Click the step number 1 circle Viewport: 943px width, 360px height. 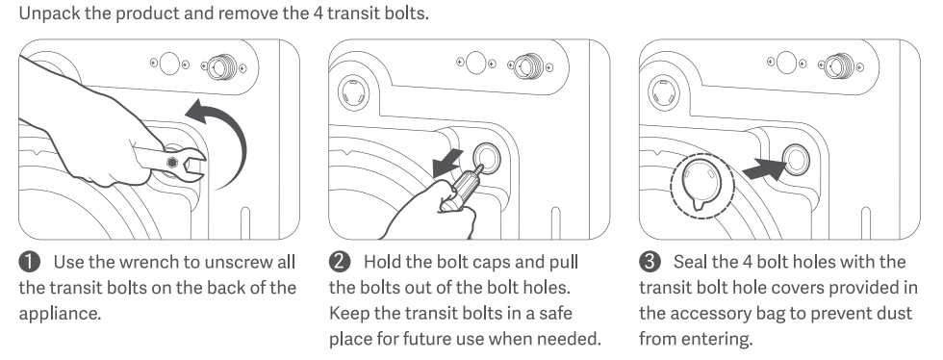tap(30, 262)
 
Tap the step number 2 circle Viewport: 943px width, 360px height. tap(340, 262)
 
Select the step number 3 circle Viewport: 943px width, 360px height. tap(650, 262)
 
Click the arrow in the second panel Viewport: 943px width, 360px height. tap(448, 163)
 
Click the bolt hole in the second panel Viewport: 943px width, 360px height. tap(487, 158)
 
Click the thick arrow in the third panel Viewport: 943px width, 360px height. tap(765, 168)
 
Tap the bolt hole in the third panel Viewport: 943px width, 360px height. tap(796, 159)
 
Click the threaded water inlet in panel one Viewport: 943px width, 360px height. tap(222, 66)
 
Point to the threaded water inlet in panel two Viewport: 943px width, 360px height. tap(528, 66)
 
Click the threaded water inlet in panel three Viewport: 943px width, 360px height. tap(838, 65)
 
